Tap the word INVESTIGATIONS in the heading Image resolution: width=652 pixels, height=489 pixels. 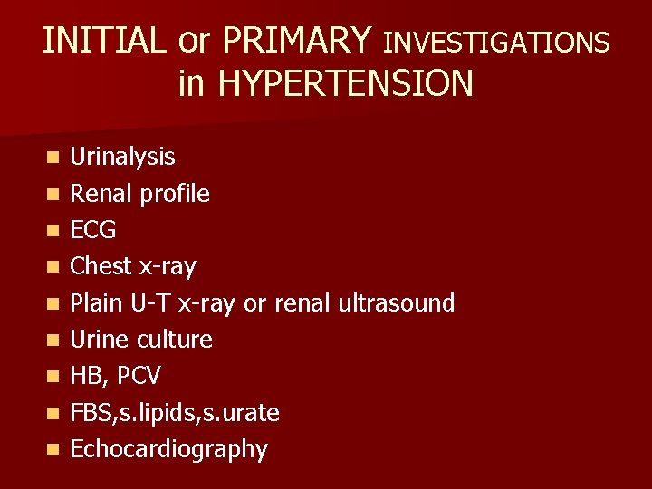[x=496, y=42]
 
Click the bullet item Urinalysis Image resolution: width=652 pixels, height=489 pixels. [x=123, y=158]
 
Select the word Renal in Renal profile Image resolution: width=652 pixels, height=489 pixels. [x=99, y=194]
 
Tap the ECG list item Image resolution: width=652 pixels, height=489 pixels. [x=93, y=231]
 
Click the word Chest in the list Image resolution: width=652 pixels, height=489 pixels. [x=101, y=267]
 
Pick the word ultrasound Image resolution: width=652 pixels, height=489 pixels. [x=395, y=303]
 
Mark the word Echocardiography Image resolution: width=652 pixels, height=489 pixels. [x=168, y=450]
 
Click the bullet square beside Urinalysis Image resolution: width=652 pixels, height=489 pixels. [x=55, y=158]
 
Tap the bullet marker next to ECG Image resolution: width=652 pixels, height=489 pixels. [x=55, y=231]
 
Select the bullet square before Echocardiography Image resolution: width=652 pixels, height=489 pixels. [x=55, y=450]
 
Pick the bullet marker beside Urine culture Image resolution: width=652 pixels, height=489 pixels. [x=55, y=340]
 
